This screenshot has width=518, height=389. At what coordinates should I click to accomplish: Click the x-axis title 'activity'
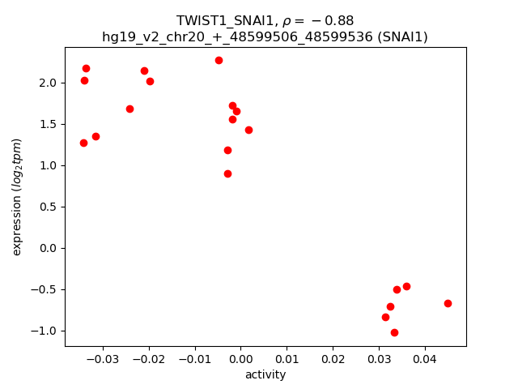[x=265, y=374]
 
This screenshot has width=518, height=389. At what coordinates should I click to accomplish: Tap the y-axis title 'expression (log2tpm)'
[x=17, y=197]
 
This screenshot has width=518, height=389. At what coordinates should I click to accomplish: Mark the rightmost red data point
[x=448, y=303]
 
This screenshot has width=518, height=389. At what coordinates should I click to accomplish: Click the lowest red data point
[x=394, y=332]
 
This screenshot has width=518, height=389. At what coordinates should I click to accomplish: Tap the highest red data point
[x=219, y=60]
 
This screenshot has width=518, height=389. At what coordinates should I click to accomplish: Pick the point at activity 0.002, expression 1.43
[x=248, y=130]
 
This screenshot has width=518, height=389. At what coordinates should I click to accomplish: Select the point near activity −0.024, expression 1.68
[x=129, y=109]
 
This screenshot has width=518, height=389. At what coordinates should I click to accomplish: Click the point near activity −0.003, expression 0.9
[x=227, y=173]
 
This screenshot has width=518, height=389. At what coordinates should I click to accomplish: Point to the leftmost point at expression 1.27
[x=83, y=143]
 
